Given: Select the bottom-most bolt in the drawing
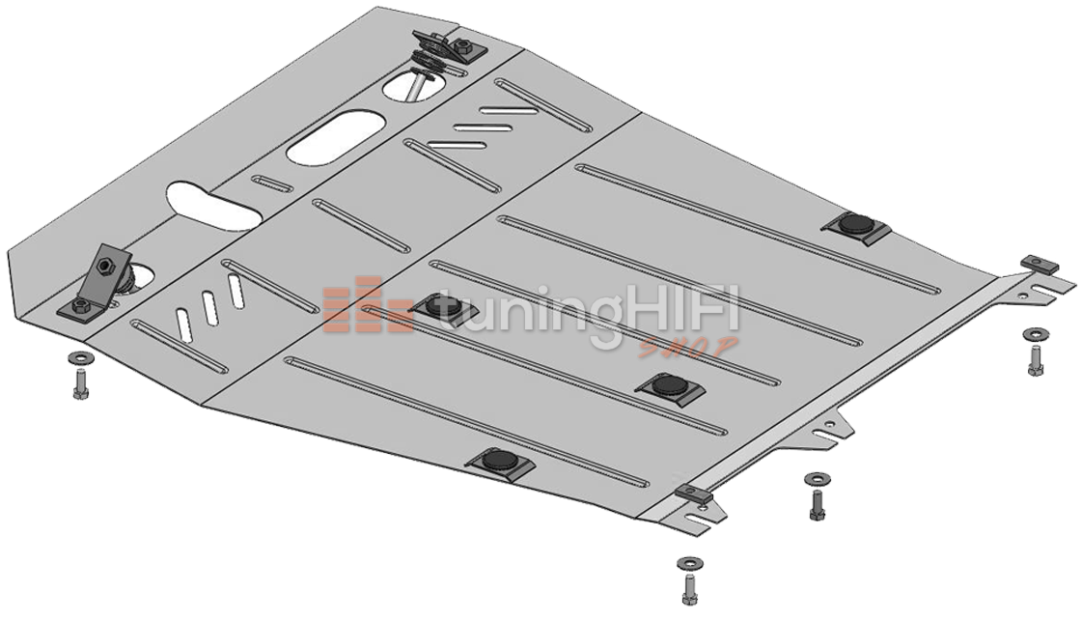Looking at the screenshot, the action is [688, 588].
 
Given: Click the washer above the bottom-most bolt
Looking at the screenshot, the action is [687, 561].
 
